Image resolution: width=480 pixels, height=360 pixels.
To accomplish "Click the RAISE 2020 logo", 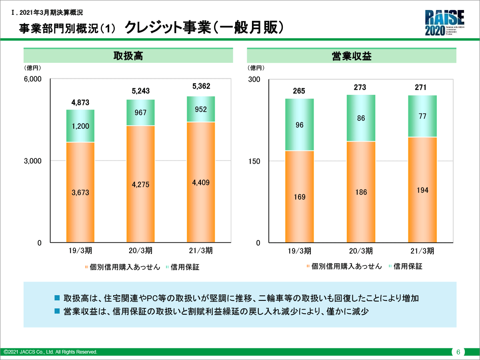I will [444, 23].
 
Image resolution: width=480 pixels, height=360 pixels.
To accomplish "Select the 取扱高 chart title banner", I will [128, 56].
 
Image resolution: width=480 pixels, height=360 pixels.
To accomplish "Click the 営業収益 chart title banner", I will [352, 56].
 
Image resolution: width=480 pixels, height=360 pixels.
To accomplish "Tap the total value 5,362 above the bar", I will [201, 86].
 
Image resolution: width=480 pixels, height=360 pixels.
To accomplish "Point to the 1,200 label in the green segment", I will [80, 126].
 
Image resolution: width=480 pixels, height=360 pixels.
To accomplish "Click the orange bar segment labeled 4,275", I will [140, 184].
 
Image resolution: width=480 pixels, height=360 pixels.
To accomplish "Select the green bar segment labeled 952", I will [201, 109].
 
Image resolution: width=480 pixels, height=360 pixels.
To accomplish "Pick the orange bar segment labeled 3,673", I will [80, 192].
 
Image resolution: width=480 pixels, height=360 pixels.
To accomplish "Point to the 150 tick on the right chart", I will [254, 161].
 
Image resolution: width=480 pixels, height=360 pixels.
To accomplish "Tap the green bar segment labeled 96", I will [299, 125].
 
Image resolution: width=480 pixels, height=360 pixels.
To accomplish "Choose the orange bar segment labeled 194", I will [422, 190].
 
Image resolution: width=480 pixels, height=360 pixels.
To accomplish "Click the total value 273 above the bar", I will [360, 87].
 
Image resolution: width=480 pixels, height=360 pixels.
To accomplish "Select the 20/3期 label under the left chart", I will [140, 251].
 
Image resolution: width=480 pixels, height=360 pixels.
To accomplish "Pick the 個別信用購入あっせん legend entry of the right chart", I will [344, 266].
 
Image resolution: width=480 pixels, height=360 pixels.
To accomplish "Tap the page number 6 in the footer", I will [458, 352].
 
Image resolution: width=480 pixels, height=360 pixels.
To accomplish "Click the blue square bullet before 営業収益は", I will [57, 311].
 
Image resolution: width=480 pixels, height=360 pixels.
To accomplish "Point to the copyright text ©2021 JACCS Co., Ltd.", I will [50, 352].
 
